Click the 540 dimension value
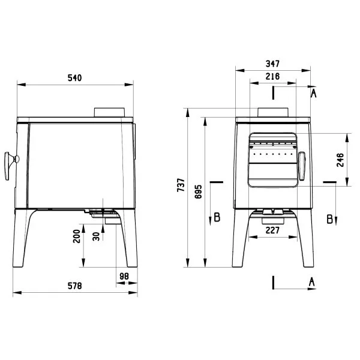(74, 78)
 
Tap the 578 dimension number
(74, 286)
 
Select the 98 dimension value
(124, 276)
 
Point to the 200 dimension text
(77, 236)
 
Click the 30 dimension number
(96, 236)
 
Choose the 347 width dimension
(272, 64)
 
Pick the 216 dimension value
(272, 76)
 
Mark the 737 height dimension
(181, 185)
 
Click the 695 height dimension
(198, 191)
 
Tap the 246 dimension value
(340, 160)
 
